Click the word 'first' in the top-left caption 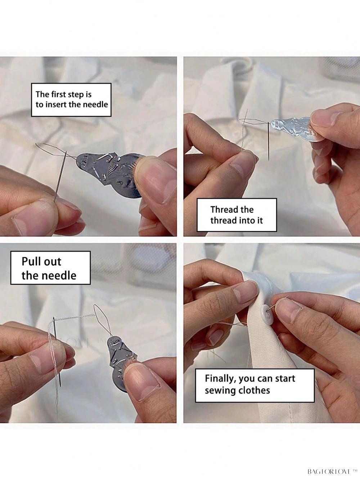(x=59, y=94)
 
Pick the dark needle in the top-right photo (x=268, y=141)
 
